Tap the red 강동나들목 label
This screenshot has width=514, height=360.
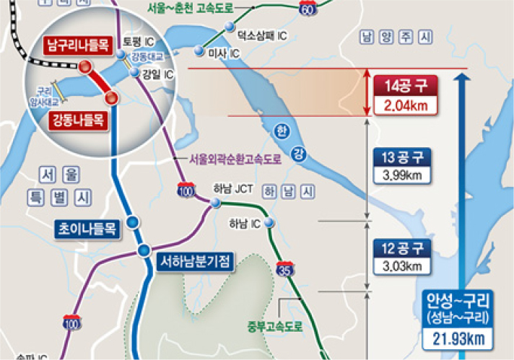coord(79,120)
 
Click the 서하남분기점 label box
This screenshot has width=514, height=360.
coord(193,262)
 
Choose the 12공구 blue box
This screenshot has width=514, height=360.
coord(405,248)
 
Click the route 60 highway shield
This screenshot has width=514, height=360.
coord(309,8)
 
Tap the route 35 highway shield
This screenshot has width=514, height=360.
coord(285,271)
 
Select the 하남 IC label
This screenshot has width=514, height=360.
coord(244,223)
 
